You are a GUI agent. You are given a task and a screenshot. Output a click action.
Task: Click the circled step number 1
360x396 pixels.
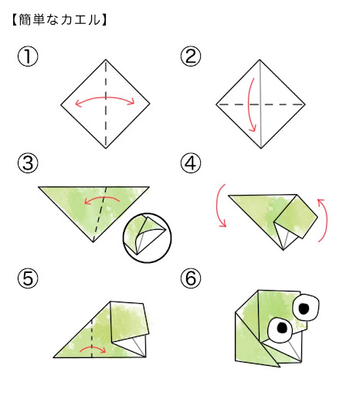28,56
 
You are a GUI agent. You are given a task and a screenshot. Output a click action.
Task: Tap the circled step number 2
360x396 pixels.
191,56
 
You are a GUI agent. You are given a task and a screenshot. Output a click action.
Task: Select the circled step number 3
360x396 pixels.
28,163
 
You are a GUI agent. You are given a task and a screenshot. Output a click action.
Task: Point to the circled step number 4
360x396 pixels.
191,163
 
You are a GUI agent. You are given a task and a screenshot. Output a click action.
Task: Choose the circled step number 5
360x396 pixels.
28,278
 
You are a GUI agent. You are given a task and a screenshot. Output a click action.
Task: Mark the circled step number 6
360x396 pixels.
191,278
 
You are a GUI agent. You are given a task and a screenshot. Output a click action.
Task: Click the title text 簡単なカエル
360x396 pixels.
59,20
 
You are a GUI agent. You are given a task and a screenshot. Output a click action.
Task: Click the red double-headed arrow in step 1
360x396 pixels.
105,97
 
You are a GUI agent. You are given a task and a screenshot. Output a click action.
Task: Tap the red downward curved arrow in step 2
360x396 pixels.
249,104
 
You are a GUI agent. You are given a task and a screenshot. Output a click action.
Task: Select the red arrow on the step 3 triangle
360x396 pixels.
102,198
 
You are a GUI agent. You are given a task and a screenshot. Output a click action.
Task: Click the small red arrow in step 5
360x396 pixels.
93,346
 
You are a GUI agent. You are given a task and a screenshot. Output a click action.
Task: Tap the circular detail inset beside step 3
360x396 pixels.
148,237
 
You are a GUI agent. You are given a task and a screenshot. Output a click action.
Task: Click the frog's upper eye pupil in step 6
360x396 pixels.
304,308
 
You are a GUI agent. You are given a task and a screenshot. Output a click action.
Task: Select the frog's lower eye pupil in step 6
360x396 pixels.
282,327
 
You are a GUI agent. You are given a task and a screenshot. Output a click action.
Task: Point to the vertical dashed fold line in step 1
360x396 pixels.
106,104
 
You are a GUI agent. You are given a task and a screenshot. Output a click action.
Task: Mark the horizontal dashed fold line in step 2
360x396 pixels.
260,104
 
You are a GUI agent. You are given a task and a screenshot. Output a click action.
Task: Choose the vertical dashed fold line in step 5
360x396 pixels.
92,338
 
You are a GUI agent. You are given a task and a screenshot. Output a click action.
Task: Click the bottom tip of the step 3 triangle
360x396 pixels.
93,242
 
